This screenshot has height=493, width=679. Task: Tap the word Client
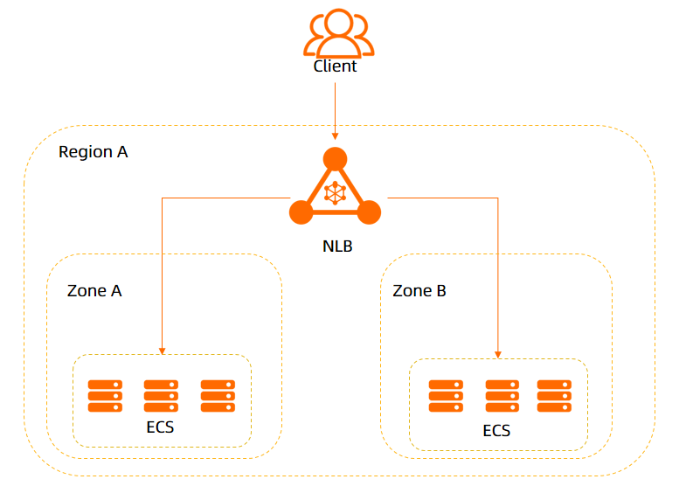click(x=336, y=66)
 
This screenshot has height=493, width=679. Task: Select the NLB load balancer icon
click(x=335, y=190)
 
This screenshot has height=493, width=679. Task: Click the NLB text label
click(x=337, y=246)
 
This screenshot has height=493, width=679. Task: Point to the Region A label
click(x=93, y=152)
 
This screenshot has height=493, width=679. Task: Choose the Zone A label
click(x=94, y=291)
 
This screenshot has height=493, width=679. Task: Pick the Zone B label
click(x=419, y=291)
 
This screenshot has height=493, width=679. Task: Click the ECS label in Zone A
click(x=161, y=428)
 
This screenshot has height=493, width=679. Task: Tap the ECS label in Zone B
click(x=496, y=431)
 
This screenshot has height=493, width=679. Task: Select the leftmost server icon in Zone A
click(x=105, y=396)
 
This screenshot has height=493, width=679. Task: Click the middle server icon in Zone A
click(x=161, y=396)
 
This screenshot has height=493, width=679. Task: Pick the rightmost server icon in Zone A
click(x=218, y=396)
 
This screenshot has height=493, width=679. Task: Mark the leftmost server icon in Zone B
click(x=445, y=396)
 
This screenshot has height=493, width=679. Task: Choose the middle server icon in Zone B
click(x=502, y=396)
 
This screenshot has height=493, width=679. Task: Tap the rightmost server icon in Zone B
click(x=554, y=396)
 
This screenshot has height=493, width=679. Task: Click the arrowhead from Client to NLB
click(x=335, y=135)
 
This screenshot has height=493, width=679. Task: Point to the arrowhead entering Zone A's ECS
click(x=162, y=351)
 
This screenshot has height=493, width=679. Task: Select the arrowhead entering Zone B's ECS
click(x=497, y=354)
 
